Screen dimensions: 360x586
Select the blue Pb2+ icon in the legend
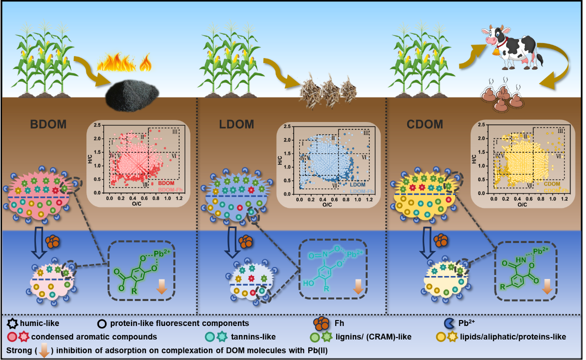(450, 323)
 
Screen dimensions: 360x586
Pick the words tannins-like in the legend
(254, 337)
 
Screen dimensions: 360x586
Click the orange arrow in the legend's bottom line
(43, 351)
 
